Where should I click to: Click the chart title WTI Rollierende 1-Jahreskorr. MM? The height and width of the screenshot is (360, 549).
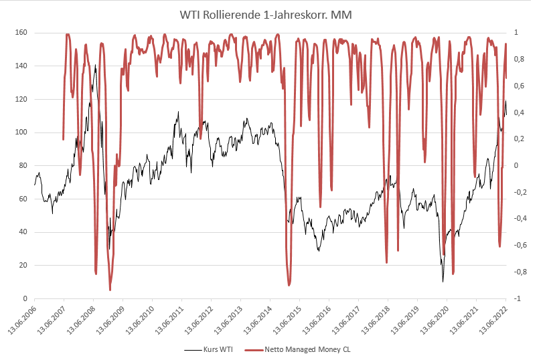(274, 14)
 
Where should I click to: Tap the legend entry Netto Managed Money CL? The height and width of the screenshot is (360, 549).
(307, 349)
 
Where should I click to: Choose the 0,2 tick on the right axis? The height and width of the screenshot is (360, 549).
(518, 139)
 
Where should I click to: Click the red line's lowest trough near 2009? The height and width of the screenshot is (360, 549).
(110, 290)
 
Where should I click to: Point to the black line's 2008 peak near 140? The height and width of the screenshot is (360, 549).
(95, 66)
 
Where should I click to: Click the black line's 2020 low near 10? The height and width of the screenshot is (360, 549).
(443, 281)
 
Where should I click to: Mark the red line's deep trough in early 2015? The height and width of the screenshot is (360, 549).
(289, 286)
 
